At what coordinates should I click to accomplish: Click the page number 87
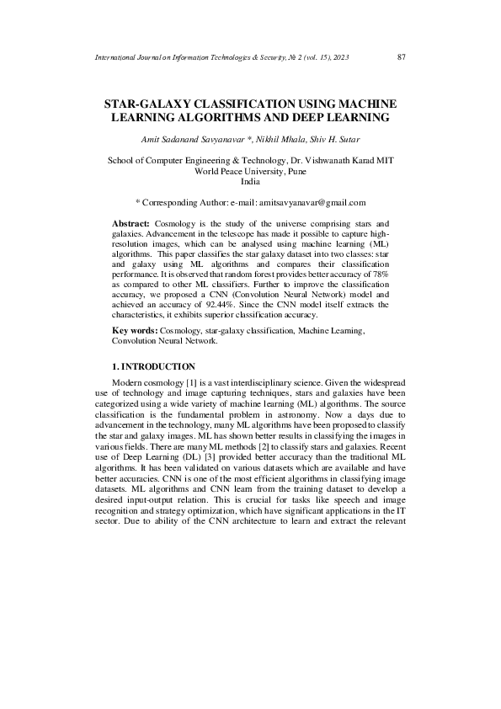pos(401,57)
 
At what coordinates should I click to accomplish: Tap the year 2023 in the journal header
pos(337,57)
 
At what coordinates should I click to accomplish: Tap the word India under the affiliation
pos(250,181)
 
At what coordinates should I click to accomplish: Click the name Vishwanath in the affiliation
pos(344,160)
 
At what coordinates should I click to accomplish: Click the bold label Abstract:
pos(131,223)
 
